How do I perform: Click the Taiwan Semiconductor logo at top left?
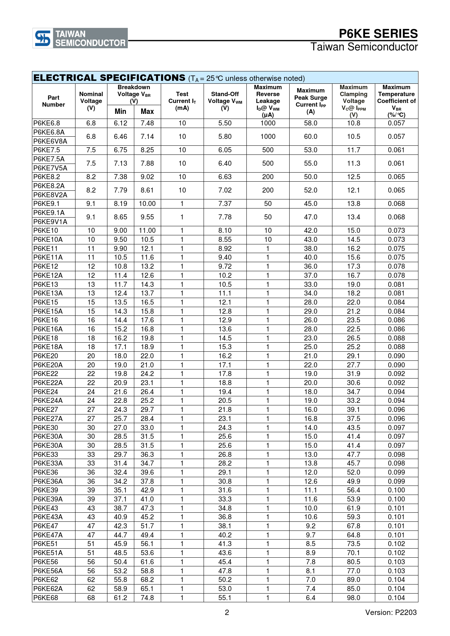(x=80, y=38)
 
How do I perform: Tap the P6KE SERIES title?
(x=378, y=34)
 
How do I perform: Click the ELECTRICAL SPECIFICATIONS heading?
(x=109, y=78)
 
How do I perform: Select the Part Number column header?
(x=53, y=101)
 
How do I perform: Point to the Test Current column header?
(x=182, y=101)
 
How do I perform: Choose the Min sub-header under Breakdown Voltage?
(x=120, y=112)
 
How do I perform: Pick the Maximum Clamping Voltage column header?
(x=353, y=101)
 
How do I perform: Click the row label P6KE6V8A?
(x=50, y=141)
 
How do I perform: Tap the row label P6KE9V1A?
(x=50, y=222)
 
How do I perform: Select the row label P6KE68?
(x=46, y=598)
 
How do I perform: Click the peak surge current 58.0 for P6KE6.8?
(x=311, y=123)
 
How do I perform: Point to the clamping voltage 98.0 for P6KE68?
(x=353, y=598)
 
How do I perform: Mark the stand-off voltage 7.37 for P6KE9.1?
(x=225, y=204)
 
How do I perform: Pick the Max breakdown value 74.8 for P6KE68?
(x=147, y=598)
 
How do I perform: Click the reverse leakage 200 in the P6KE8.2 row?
(x=268, y=177)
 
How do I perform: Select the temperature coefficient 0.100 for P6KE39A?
(x=396, y=499)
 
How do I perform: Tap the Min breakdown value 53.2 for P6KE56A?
(x=120, y=571)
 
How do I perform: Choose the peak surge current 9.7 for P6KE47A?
(x=311, y=535)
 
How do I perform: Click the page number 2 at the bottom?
(x=227, y=612)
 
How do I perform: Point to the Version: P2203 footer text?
(x=391, y=612)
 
